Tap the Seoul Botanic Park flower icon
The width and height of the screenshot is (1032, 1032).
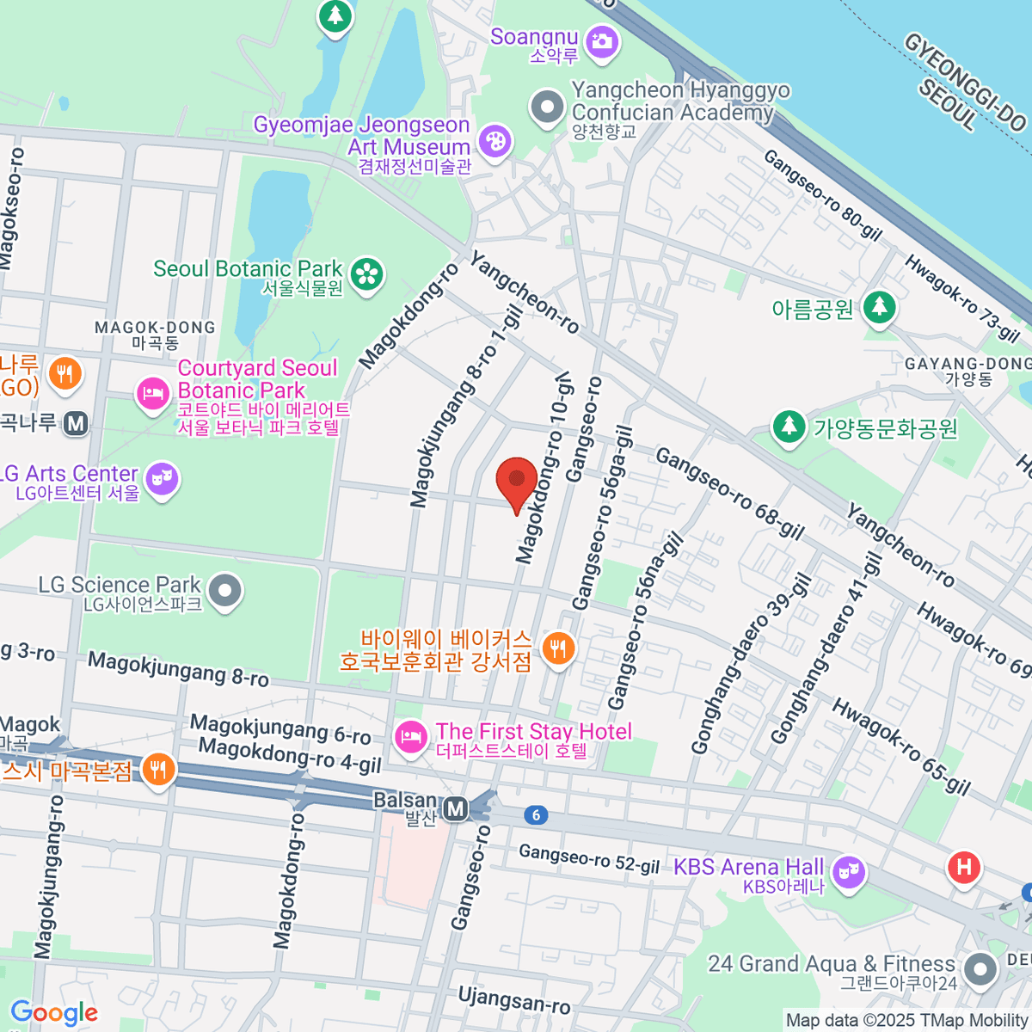click(x=368, y=274)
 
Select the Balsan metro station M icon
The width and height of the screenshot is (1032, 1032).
click(x=456, y=808)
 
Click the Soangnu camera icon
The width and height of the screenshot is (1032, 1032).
click(x=601, y=41)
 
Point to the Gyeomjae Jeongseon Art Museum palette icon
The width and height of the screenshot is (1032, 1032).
click(x=494, y=142)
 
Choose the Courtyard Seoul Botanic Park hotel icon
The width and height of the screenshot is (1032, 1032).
click(x=153, y=395)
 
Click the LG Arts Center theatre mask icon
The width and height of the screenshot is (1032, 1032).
click(x=162, y=477)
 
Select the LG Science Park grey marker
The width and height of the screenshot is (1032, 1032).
click(x=226, y=591)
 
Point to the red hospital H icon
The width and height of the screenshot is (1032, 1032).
click(x=964, y=867)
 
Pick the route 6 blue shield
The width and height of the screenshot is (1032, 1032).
click(x=536, y=815)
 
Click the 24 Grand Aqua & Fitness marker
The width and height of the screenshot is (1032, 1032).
click(x=980, y=969)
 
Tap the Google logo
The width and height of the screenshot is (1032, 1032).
click(x=54, y=1013)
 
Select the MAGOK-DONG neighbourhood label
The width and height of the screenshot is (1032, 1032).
click(x=156, y=335)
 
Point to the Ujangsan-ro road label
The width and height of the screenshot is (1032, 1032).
click(x=513, y=1000)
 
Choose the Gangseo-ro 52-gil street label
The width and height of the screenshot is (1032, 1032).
click(x=589, y=857)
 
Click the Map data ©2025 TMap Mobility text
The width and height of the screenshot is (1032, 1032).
click(x=906, y=1021)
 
